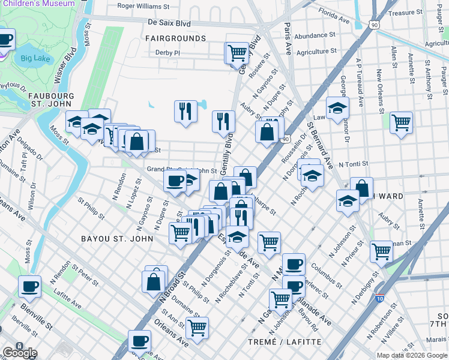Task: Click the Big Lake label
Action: [34, 58]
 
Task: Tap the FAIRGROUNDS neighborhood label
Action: [175, 38]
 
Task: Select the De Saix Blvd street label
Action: [169, 23]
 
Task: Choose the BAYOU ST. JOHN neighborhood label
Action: [117, 238]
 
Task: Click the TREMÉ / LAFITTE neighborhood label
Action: [285, 342]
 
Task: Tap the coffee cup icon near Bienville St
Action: [29, 286]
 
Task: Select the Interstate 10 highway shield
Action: [379, 298]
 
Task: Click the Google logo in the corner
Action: [19, 352]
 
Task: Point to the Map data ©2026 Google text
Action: [412, 355]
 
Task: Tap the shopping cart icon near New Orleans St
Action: [400, 122]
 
